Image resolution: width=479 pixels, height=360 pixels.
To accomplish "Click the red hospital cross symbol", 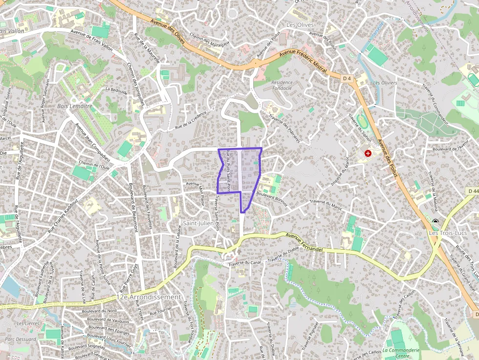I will point(368,153).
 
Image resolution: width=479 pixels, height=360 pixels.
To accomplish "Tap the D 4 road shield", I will point(347,78).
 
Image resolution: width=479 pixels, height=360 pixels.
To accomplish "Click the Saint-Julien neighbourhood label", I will point(197,223).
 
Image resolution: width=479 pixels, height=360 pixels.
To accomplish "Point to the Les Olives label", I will point(300,24).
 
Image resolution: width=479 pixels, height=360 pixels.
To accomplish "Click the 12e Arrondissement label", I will point(149,296).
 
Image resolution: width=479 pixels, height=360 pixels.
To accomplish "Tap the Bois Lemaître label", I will point(75,106).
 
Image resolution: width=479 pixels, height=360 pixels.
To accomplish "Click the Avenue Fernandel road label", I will point(305,242).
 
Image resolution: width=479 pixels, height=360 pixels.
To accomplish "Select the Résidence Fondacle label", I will point(282,85).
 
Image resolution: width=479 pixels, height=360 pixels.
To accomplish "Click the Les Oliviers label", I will point(385,83).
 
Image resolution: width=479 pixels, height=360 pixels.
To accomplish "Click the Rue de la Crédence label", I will point(191,121).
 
